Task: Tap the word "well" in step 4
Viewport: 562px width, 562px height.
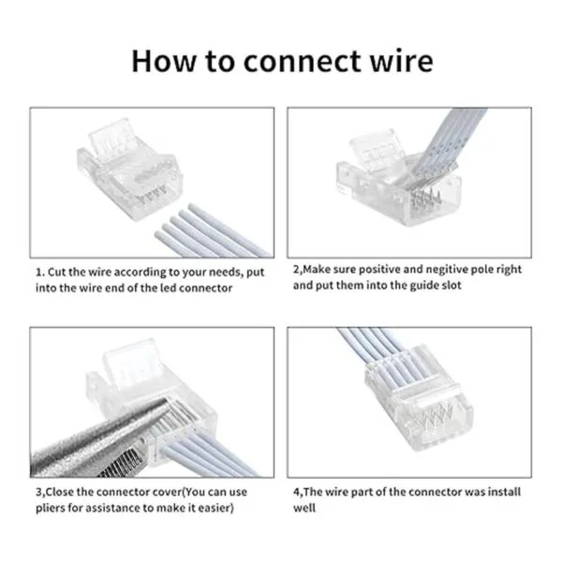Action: click(x=304, y=509)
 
